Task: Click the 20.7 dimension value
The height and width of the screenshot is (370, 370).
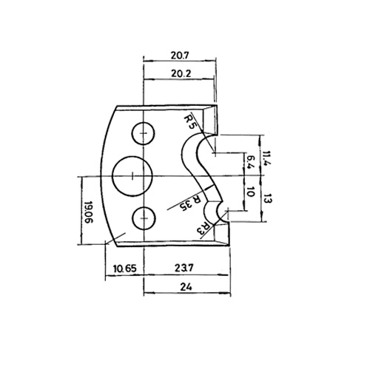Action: (180, 55)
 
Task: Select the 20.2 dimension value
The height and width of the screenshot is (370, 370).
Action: (181, 73)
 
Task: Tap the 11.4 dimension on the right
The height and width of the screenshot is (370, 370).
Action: (266, 159)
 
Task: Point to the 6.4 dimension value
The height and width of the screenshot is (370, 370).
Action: (250, 162)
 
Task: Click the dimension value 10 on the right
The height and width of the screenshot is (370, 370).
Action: (250, 192)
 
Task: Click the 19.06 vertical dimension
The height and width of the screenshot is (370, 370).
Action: (88, 212)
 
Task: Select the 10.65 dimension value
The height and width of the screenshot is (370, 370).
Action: (125, 269)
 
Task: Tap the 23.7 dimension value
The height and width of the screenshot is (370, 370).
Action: (184, 268)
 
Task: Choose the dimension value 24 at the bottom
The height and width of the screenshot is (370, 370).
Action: (186, 287)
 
